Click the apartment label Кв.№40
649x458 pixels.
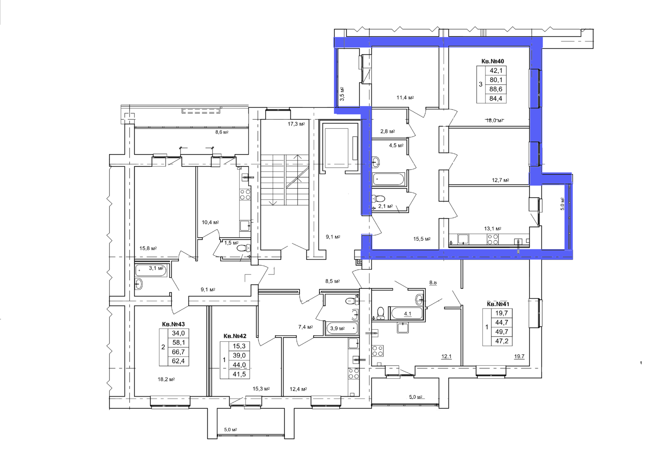click(492, 61)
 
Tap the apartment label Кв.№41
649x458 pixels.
click(498, 304)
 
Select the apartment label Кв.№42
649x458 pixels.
click(235, 336)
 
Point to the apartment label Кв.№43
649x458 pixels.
click(173, 324)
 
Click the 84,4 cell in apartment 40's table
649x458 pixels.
click(496, 99)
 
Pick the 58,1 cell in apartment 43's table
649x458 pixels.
click(178, 343)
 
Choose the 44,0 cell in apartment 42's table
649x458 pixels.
click(239, 365)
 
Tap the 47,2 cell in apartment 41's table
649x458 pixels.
click(501, 341)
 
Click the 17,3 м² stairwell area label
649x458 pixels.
click(296, 124)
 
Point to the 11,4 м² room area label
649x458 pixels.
click(405, 98)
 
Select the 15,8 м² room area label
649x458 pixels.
click(148, 248)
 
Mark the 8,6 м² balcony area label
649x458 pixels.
click(221, 132)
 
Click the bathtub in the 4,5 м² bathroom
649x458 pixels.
click(389, 179)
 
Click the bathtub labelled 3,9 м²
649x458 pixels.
click(342, 328)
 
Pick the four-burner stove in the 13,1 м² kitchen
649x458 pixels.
click(493, 239)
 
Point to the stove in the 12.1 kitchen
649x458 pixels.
click(378, 351)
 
